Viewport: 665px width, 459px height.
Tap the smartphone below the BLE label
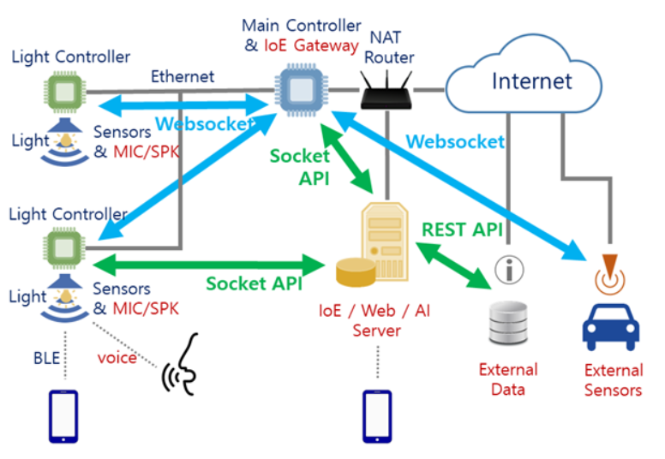(63, 416)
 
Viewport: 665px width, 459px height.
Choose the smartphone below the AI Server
(376, 416)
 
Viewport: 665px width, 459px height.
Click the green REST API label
(462, 229)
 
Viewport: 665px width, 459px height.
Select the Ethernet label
(183, 76)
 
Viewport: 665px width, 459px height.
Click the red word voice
(117, 358)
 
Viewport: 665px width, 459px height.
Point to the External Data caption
(508, 379)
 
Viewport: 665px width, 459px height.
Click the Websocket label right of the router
(455, 141)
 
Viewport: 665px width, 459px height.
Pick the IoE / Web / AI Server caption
(376, 319)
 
